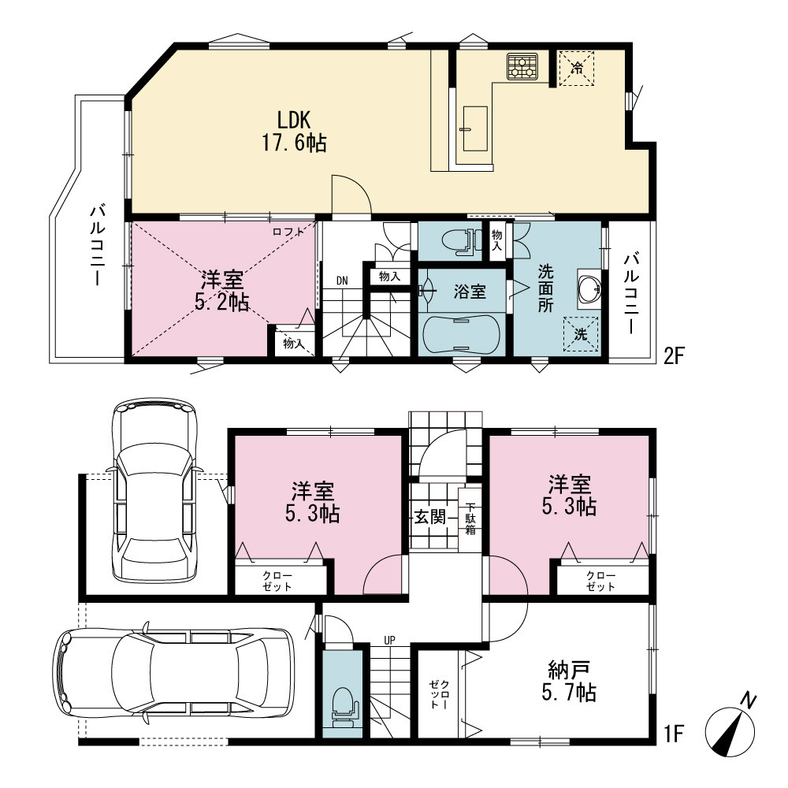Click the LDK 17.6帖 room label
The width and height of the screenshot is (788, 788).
tap(294, 132)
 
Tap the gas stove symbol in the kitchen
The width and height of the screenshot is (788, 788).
tap(522, 66)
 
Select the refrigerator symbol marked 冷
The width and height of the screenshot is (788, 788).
tap(577, 68)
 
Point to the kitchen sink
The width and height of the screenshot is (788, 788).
tap(475, 128)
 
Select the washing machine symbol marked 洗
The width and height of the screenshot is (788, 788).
tap(581, 334)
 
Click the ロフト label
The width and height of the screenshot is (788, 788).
tap(288, 232)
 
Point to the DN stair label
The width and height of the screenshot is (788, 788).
tap(342, 281)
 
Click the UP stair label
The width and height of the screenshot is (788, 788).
tap(389, 640)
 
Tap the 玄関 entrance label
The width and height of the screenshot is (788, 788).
tap(430, 517)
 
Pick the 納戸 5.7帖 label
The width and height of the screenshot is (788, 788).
tap(569, 681)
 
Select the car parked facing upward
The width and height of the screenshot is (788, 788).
tap(154, 490)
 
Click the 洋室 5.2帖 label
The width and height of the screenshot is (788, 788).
tap(222, 291)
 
